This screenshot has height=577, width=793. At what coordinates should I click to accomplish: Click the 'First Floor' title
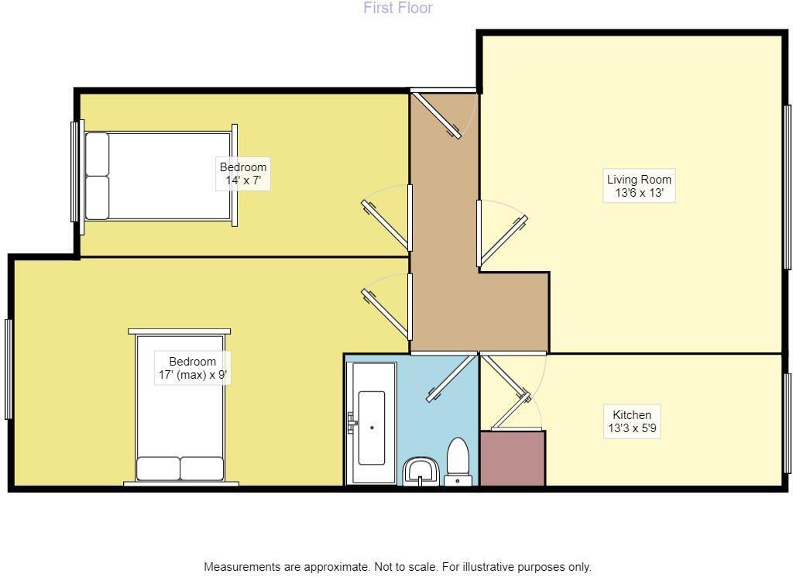coord(398,9)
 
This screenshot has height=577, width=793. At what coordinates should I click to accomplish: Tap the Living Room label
coord(639,186)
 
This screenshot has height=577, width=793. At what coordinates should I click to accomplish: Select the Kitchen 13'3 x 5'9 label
coord(632,421)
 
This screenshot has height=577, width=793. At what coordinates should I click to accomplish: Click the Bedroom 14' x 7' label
coord(243,174)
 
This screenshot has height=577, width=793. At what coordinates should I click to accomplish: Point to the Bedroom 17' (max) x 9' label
coord(193,368)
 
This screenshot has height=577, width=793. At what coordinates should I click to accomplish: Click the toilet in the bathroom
coord(458,462)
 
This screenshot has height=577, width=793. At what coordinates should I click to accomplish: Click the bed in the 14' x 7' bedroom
coord(159,176)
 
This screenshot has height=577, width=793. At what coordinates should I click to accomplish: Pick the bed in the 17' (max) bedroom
coord(180,408)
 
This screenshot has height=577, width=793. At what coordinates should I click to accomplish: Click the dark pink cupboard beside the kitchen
coord(512,459)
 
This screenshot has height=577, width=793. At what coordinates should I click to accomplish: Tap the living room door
coord(503,239)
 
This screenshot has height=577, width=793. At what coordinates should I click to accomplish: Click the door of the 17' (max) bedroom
coord(385,307)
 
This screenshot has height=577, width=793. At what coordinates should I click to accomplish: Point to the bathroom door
coord(451,378)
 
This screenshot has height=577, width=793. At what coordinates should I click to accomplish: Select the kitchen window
coord(787,422)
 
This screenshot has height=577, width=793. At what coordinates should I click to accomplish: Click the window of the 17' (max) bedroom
coord(9,369)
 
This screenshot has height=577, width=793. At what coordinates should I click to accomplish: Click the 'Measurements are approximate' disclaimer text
coord(397,567)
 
